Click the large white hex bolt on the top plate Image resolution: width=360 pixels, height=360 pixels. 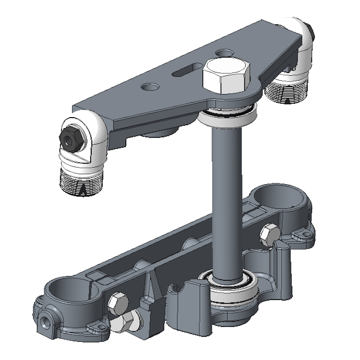(226, 77)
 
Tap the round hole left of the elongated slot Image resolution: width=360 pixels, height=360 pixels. (151, 87)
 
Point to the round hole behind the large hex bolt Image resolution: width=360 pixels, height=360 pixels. (223, 51)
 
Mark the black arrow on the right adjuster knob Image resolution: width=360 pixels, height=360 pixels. (288, 100)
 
